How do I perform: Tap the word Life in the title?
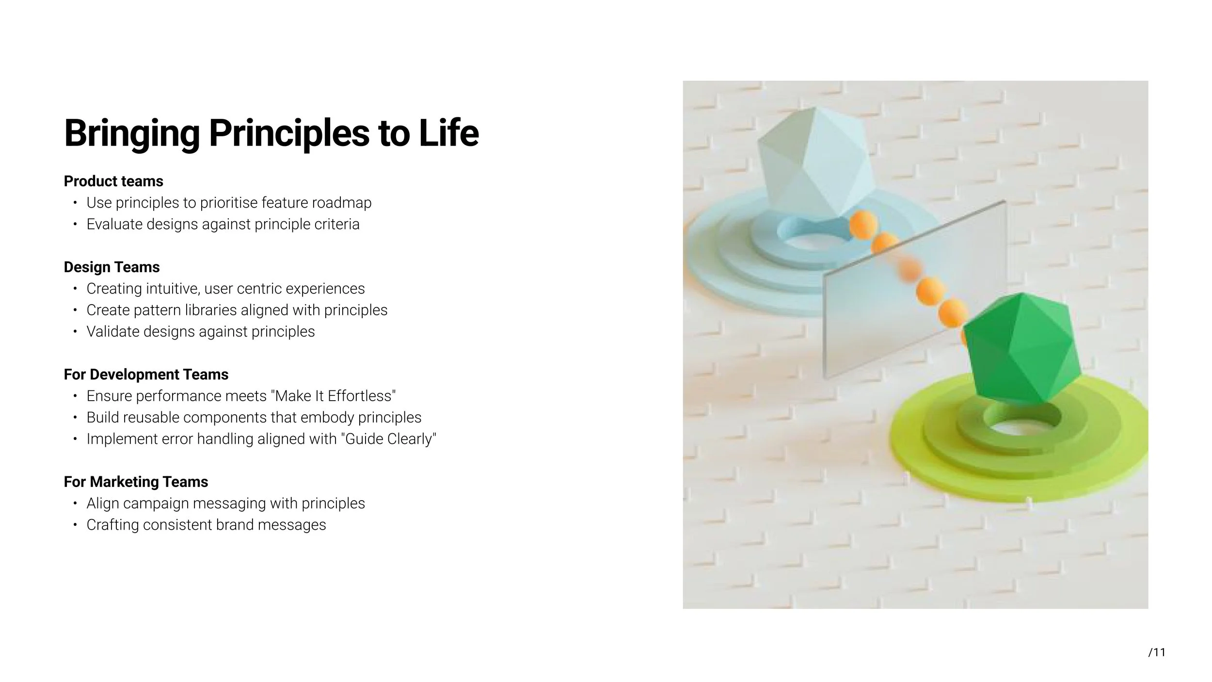point(448,133)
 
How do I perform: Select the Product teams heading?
point(113,181)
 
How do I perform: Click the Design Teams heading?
point(112,267)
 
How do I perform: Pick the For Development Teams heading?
point(146,374)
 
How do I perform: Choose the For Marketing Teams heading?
point(136,482)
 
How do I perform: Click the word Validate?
point(113,332)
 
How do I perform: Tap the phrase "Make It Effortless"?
point(335,396)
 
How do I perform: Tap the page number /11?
point(1157,652)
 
